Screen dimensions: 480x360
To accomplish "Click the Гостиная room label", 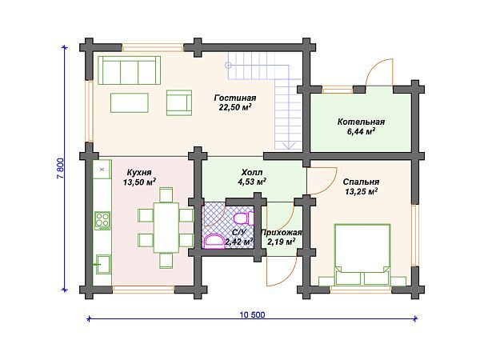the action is (235, 98).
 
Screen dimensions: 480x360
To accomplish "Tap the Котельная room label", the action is (361, 122).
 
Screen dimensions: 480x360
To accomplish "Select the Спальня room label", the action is (361, 182).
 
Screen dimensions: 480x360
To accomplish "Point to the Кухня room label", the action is (139, 173).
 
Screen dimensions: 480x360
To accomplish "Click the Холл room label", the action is (252, 172).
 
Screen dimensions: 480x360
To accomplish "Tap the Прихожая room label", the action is (281, 233).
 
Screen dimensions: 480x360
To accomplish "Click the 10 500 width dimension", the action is (253, 314).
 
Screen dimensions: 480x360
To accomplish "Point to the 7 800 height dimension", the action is (61, 168).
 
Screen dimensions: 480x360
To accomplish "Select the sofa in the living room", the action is (129, 70).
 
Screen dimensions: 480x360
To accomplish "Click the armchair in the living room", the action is (179, 102).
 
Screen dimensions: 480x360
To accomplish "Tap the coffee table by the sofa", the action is (129, 103).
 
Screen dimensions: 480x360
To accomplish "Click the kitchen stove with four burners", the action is (102, 221).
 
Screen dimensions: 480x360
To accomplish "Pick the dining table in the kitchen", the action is (166, 227).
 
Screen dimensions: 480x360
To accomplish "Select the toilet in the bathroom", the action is (243, 218).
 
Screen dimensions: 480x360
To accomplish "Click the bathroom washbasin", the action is (214, 241).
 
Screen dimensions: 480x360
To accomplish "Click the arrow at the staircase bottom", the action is (289, 145).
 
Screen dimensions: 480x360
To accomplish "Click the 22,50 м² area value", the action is (235, 107).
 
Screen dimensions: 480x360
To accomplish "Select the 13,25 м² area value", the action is (361, 192).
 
